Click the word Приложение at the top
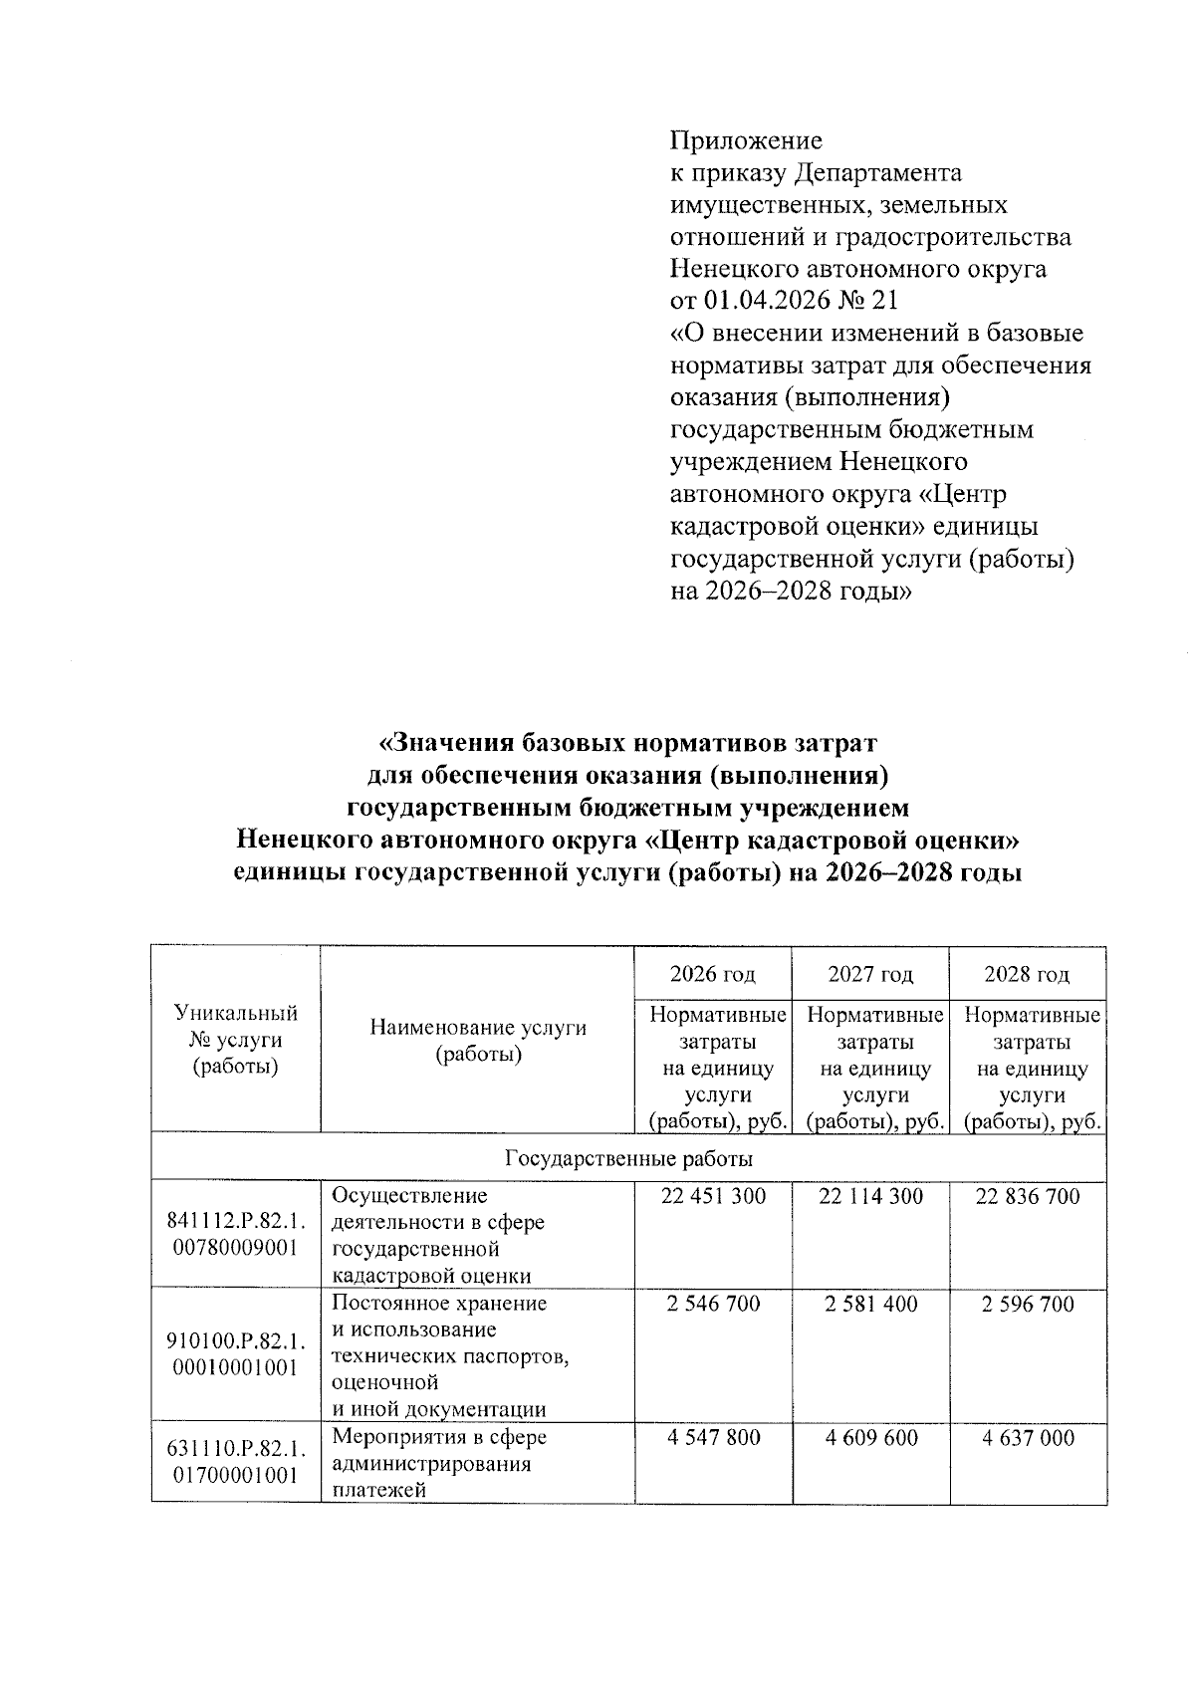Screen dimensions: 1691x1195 tap(745, 140)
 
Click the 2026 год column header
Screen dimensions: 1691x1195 tap(712, 974)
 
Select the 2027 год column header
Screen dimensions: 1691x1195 tap(869, 974)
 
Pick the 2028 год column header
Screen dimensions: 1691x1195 tap(1027, 974)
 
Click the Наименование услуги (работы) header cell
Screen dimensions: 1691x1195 tap(478, 1041)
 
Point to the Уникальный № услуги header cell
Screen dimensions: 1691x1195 tap(235, 1040)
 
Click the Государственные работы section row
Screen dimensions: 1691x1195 tap(628, 1159)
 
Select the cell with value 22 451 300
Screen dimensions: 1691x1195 tap(713, 1197)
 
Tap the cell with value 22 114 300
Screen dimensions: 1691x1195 tap(870, 1197)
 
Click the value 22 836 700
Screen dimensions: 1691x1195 tap(1028, 1197)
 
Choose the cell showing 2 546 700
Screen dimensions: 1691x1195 tap(713, 1305)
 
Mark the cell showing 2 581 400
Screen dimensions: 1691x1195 tap(870, 1305)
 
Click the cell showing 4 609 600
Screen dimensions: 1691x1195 tap(870, 1438)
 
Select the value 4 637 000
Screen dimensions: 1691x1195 tap(1028, 1438)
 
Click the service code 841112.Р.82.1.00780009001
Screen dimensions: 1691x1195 tap(235, 1235)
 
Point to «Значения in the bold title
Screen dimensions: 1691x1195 tap(439, 744)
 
